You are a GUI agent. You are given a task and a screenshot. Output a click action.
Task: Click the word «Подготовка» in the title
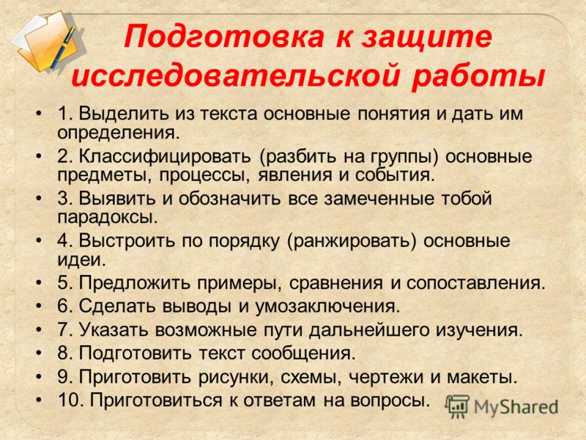[x=224, y=37]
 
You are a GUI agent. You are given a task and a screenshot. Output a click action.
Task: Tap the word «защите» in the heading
[x=426, y=37]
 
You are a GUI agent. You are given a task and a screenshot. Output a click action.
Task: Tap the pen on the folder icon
[x=64, y=47]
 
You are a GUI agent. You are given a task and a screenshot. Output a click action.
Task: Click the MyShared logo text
[x=516, y=408]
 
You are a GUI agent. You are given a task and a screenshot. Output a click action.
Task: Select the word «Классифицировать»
[x=164, y=157]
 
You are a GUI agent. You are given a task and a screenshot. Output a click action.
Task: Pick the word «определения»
[x=119, y=133]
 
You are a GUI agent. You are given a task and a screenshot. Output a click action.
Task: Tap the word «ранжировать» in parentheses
[x=352, y=241]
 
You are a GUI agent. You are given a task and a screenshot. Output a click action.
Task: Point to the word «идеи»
[x=81, y=260]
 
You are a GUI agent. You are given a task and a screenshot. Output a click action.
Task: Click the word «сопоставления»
[x=476, y=283]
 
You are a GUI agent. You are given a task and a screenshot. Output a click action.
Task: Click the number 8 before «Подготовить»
[x=64, y=353]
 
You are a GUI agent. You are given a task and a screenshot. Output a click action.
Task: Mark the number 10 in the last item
[x=71, y=400]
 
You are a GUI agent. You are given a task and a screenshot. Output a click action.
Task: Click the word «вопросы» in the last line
[x=390, y=400]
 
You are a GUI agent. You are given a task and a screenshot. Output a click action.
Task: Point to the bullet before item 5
[x=39, y=282]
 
